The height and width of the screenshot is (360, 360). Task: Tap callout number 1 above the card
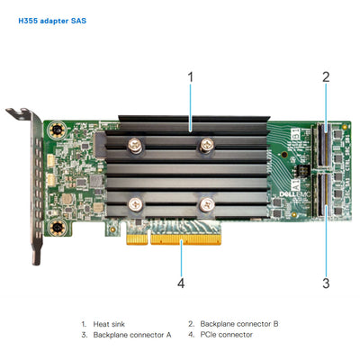190,77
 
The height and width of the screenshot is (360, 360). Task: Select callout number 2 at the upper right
326,77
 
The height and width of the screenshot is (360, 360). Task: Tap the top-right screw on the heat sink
207,142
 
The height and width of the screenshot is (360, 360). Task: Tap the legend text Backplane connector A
131,334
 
